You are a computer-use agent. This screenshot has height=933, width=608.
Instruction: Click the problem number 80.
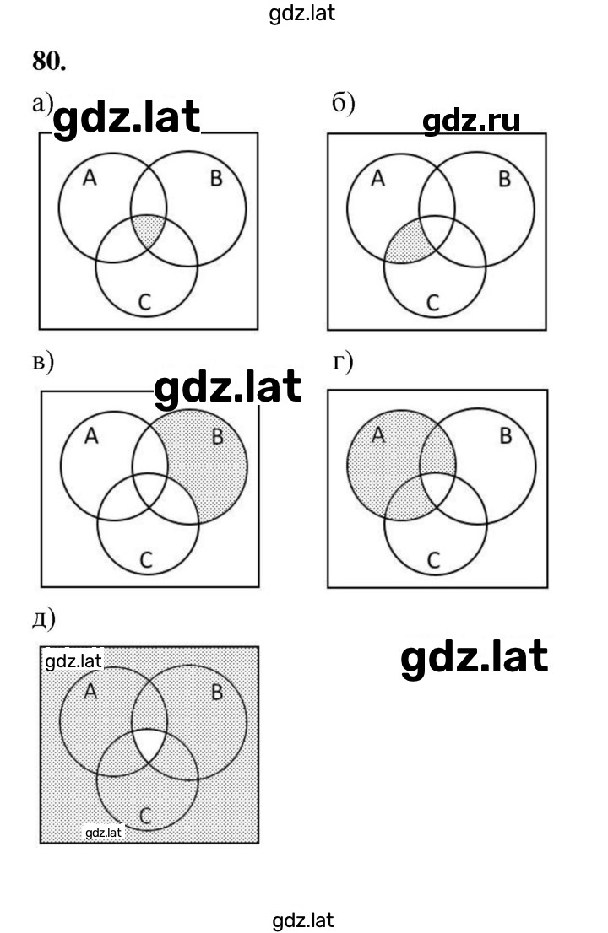pyautogui.click(x=49, y=61)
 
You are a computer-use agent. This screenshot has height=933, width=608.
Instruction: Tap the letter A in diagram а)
pyautogui.click(x=90, y=177)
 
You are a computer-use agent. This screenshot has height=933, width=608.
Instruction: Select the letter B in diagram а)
pyautogui.click(x=216, y=178)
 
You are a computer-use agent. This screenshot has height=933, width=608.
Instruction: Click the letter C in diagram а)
pyautogui.click(x=144, y=302)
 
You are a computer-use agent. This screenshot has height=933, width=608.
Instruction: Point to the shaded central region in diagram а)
pyautogui.click(x=148, y=231)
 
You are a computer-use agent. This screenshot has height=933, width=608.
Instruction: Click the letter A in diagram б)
pyautogui.click(x=377, y=178)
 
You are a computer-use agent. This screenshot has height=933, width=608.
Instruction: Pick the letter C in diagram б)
pyautogui.click(x=433, y=302)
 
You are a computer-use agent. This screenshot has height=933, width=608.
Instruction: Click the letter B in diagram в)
pyautogui.click(x=217, y=436)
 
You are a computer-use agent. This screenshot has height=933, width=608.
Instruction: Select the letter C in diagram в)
pyautogui.click(x=146, y=559)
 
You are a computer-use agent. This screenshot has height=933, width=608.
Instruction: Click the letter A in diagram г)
pyautogui.click(x=378, y=435)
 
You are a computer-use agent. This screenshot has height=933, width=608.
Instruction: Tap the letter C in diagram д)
pyautogui.click(x=145, y=815)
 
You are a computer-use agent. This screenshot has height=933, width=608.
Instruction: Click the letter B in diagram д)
pyautogui.click(x=217, y=692)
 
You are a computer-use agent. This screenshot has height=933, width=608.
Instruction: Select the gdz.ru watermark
pyautogui.click(x=471, y=121)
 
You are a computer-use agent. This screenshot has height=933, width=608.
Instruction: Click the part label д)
pyautogui.click(x=43, y=619)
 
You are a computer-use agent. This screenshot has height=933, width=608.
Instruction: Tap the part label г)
pyautogui.click(x=342, y=362)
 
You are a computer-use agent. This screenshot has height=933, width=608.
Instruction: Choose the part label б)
pyautogui.click(x=343, y=104)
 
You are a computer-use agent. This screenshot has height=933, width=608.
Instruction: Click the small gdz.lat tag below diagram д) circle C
pyautogui.click(x=103, y=833)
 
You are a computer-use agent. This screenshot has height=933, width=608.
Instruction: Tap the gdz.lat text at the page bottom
pyautogui.click(x=303, y=920)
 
